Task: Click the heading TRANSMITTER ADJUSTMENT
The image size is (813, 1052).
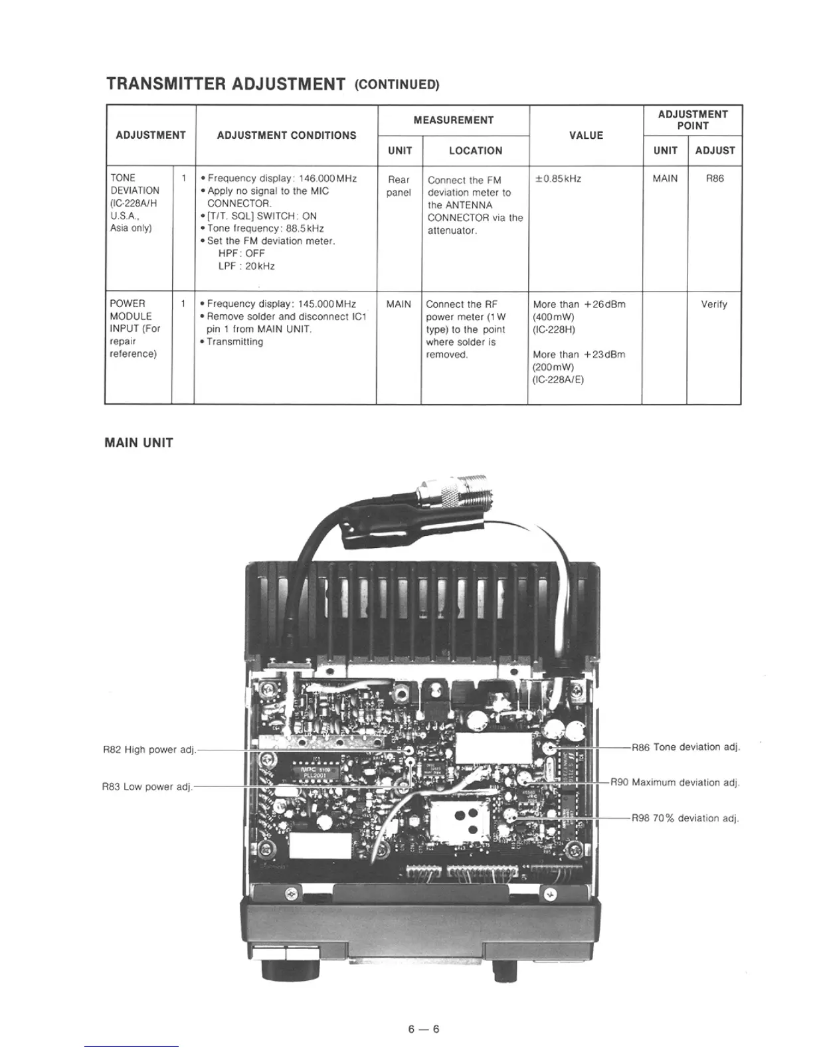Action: coord(226,84)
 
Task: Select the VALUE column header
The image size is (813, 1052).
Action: coord(586,135)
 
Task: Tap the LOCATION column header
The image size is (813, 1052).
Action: coord(475,151)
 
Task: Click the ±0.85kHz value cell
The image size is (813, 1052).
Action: coord(558,179)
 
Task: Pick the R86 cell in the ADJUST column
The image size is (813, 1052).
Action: coord(715,179)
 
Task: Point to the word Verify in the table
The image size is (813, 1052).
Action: coord(714,305)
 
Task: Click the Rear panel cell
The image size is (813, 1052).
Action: coord(399,186)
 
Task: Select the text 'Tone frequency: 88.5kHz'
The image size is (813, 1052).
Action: coord(266,228)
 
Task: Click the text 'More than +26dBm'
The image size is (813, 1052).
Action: coord(579,305)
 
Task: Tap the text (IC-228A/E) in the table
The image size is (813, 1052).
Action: coord(558,380)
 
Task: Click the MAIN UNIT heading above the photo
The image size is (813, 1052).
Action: coord(139,443)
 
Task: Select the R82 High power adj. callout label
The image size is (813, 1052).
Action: coord(149,750)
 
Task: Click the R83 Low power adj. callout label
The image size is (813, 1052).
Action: coord(147,787)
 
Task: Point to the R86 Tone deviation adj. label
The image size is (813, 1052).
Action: coord(685,747)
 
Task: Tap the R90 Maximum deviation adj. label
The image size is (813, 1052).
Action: coord(685,782)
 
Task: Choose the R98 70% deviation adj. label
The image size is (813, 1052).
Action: coord(685,818)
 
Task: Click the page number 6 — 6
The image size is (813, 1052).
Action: coord(424,1029)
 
